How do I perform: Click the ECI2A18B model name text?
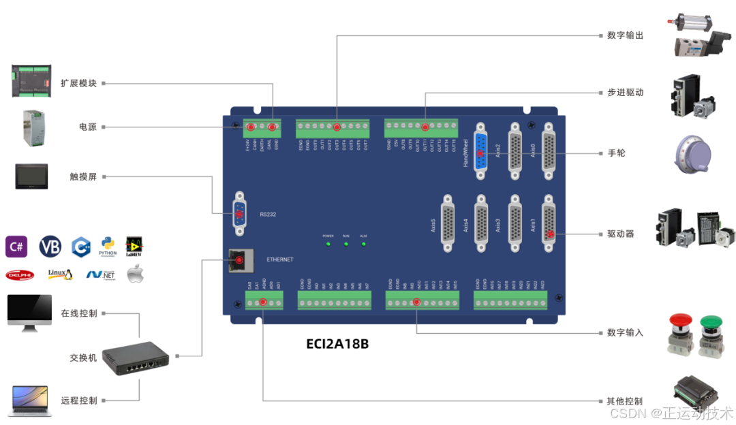click(337, 344)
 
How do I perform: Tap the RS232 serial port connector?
click(240, 214)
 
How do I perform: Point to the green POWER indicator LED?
click(328, 243)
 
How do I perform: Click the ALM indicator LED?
click(363, 243)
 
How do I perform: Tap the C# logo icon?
click(16, 247)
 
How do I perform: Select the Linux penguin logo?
click(61, 274)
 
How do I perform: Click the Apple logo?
click(136, 274)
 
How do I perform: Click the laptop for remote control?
click(29, 400)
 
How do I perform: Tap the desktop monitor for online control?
click(29, 313)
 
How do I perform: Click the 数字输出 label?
click(625, 35)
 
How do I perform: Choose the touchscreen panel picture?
click(31, 176)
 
